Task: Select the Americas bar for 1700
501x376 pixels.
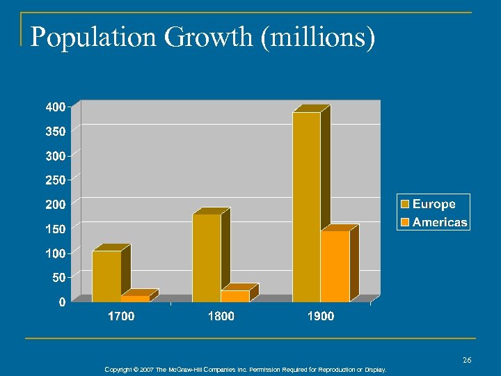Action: (x=135, y=299)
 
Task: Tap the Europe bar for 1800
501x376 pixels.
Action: (x=206, y=258)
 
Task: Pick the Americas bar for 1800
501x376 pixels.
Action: (x=235, y=296)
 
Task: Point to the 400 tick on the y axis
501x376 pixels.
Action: (x=56, y=107)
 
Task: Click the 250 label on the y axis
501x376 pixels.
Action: (x=56, y=180)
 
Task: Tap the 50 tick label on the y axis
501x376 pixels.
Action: (x=59, y=277)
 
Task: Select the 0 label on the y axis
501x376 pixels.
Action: (x=63, y=301)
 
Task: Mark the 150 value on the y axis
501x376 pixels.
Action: (x=56, y=228)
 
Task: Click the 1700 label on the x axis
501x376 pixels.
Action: (x=121, y=317)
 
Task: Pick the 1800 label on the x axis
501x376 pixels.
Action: (x=221, y=317)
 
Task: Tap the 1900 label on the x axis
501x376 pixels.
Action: (x=321, y=317)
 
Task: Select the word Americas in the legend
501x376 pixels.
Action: (x=439, y=222)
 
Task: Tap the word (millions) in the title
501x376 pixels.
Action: (x=319, y=38)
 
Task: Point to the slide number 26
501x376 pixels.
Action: (x=467, y=360)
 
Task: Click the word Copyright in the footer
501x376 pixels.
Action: (x=119, y=370)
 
